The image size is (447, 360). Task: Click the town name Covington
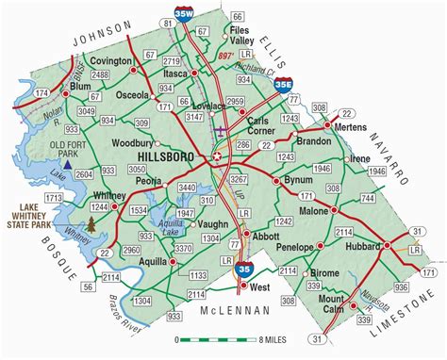[112, 59]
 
